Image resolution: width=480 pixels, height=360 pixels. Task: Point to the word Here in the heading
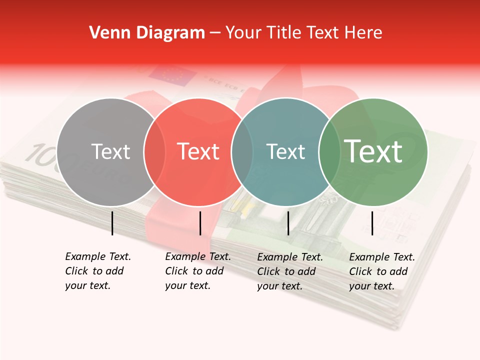(x=364, y=33)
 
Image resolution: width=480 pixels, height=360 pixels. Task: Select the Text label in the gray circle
(x=110, y=151)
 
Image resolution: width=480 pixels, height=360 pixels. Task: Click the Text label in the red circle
(x=198, y=151)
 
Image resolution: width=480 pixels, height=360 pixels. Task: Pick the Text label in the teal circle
(x=285, y=151)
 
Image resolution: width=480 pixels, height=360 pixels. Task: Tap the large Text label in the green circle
(x=373, y=151)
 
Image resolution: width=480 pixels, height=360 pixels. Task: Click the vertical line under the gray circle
(x=112, y=223)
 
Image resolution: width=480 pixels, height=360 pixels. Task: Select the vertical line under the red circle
(x=200, y=223)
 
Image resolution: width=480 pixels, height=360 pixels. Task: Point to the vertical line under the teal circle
(x=288, y=223)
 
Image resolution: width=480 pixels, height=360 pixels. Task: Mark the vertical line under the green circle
(x=372, y=223)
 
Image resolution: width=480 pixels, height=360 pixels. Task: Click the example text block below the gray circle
(x=97, y=271)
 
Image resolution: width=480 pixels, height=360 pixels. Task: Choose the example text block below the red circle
(x=197, y=271)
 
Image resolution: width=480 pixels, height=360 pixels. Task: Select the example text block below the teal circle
(x=289, y=271)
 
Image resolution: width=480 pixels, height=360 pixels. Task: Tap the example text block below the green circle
(x=381, y=271)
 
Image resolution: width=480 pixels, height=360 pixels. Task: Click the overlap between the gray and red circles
(x=154, y=152)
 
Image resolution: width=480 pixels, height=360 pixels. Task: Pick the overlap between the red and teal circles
(x=242, y=152)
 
